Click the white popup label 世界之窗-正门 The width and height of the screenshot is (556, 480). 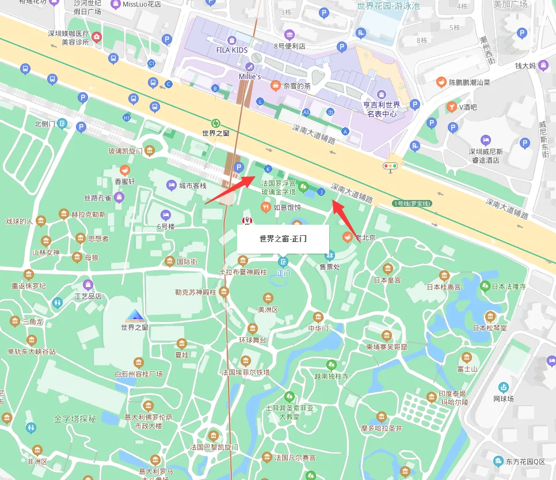click(283, 239)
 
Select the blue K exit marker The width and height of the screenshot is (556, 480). click(267, 169)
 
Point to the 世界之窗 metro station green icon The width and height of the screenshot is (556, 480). click(216, 123)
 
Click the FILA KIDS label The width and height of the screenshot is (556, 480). click(231, 50)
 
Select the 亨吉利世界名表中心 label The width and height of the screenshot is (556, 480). click(381, 109)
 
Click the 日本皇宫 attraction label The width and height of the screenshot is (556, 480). click(387, 280)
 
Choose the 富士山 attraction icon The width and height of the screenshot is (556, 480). click(467, 357)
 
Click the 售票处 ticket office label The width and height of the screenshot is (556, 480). click(330, 266)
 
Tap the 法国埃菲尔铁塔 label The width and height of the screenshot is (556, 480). click(246, 372)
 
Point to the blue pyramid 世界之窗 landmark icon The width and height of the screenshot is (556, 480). click(135, 315)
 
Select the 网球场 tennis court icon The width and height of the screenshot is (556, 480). click(504, 387)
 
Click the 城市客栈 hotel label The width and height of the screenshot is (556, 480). click(192, 186)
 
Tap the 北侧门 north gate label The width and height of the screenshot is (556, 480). click(45, 123)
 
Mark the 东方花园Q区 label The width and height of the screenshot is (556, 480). click(525, 461)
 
